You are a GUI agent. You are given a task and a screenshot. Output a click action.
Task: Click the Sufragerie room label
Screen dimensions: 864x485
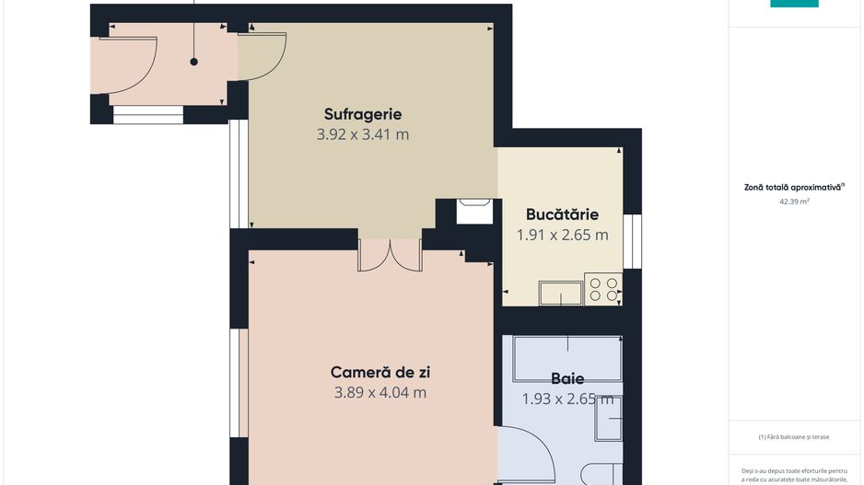(x=363, y=114)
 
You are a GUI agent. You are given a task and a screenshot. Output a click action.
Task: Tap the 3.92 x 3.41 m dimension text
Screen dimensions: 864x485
(x=363, y=134)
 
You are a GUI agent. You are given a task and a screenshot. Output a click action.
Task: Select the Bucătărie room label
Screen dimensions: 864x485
(x=562, y=214)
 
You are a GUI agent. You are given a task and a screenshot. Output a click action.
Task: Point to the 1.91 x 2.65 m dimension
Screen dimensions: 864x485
(x=562, y=235)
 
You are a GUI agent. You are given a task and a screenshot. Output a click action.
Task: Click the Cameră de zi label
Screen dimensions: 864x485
(x=380, y=372)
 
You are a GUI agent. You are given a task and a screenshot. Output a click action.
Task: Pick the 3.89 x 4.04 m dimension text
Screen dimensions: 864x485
(x=380, y=393)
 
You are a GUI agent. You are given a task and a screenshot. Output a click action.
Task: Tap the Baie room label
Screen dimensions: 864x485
(x=567, y=379)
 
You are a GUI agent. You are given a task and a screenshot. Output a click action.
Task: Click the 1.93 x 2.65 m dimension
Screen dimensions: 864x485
(x=567, y=398)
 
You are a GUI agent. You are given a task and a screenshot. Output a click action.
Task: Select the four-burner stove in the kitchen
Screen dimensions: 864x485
(x=603, y=289)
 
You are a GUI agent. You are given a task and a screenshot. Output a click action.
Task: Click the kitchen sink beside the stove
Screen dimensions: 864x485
(x=561, y=293)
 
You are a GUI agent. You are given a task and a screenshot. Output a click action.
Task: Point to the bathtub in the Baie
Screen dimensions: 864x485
(x=567, y=359)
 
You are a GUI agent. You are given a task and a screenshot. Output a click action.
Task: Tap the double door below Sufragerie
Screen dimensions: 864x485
(x=391, y=256)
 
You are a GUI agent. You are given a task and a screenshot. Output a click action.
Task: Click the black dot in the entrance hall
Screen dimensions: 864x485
(x=194, y=63)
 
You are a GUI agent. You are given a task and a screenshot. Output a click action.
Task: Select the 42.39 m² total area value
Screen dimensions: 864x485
(x=794, y=202)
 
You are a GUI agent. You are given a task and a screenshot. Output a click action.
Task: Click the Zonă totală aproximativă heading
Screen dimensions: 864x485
(x=794, y=187)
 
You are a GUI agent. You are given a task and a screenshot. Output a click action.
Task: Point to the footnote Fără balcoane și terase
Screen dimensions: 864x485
(x=793, y=437)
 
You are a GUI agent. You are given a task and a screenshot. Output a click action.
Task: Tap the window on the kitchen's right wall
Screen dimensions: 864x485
(x=633, y=242)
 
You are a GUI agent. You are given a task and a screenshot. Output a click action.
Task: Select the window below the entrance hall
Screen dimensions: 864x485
(x=148, y=115)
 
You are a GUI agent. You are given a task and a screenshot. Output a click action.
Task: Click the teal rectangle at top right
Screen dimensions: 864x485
(x=794, y=4)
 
